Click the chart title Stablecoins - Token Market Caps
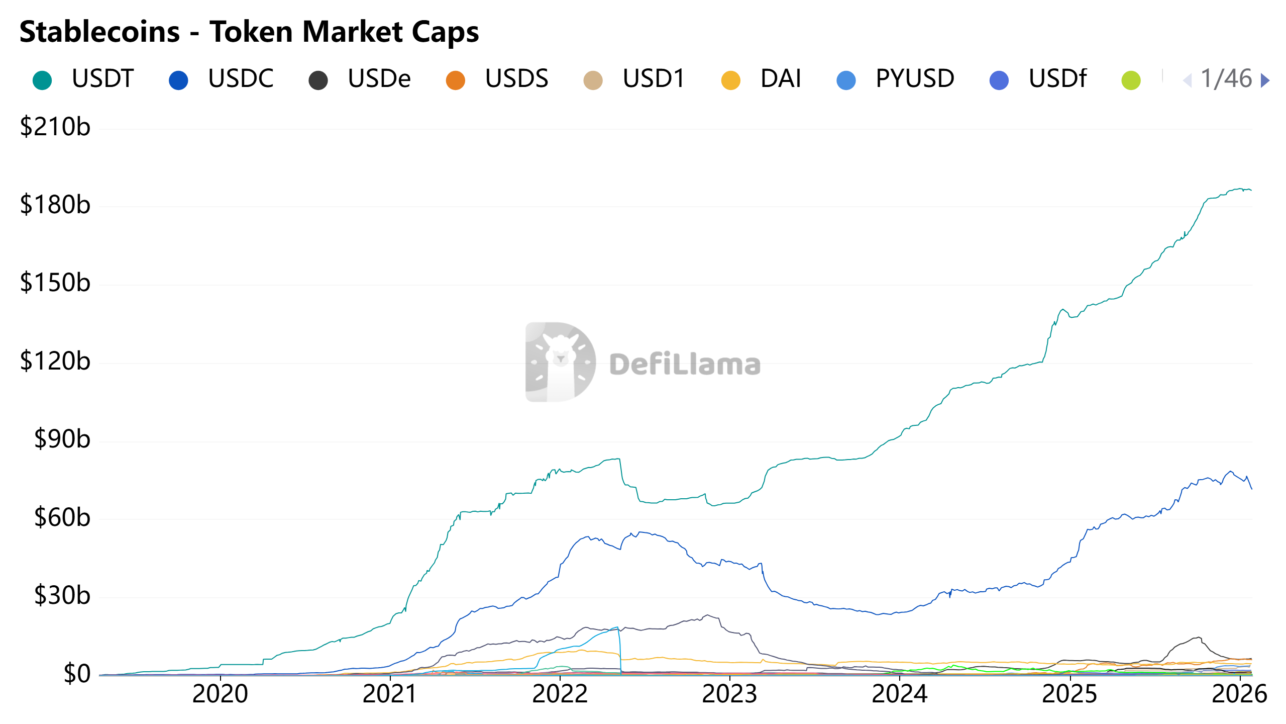tap(249, 32)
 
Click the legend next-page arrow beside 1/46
tap(1265, 80)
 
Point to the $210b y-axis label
tap(55, 127)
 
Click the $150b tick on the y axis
tap(55, 283)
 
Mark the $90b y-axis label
tap(62, 439)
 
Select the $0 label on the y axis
tap(77, 674)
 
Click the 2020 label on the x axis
tap(220, 694)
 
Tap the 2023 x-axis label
tap(729, 694)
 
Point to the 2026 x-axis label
tap(1239, 694)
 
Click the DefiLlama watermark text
tap(685, 365)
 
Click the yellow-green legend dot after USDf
tap(1131, 80)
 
